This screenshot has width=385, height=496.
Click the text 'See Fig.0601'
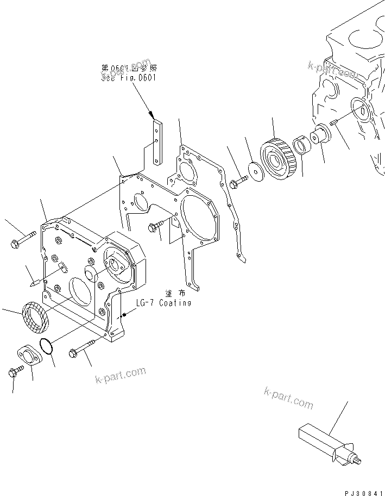[128, 78]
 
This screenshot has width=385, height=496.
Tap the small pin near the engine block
[333, 123]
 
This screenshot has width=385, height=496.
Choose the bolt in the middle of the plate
[155, 228]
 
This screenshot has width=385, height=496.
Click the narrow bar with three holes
[157, 143]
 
